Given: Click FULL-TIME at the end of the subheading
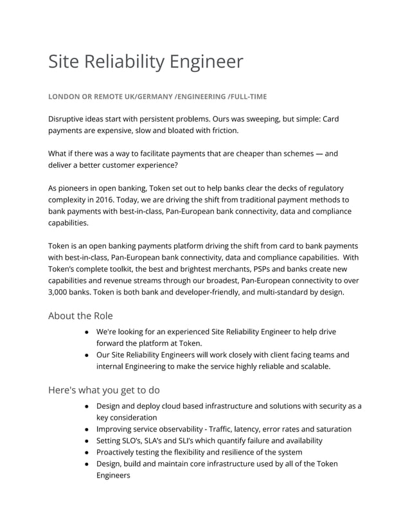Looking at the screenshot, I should (247, 96).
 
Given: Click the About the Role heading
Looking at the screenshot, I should (80, 316).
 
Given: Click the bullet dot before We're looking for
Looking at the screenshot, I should (86, 332).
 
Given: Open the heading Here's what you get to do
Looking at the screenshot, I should (104, 390).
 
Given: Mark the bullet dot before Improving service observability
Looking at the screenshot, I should (86, 429).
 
